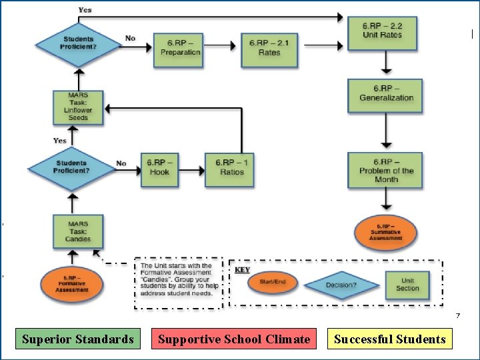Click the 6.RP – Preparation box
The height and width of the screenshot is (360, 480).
(180, 49)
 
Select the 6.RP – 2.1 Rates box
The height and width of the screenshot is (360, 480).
(269, 49)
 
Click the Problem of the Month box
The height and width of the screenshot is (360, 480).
(386, 171)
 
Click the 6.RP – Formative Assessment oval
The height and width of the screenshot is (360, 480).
(71, 283)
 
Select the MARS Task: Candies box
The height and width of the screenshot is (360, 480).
(78, 231)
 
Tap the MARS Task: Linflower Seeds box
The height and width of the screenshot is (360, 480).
(78, 107)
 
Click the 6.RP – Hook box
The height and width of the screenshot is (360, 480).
(159, 167)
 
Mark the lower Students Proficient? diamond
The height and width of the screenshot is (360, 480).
(71, 167)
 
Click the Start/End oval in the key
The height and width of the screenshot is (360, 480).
(272, 283)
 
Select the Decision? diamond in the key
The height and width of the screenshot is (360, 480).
(341, 285)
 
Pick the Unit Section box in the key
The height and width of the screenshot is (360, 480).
(407, 285)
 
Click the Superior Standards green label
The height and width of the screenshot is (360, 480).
(78, 339)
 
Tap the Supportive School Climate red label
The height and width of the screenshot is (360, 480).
(234, 339)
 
